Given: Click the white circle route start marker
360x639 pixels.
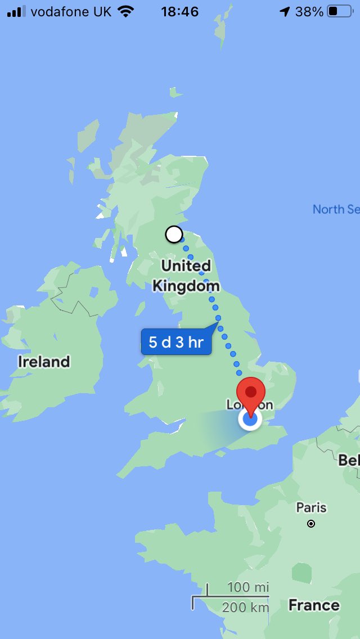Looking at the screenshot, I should click(174, 234).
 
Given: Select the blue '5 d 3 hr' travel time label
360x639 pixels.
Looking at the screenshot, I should click(176, 341).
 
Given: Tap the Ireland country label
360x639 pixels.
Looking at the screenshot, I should click(44, 361).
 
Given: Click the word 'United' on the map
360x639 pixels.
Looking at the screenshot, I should click(186, 265).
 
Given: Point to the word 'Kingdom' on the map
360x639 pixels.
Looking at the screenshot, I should click(186, 286).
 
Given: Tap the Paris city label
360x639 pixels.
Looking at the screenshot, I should click(311, 507).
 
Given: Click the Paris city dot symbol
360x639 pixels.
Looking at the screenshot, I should click(311, 524).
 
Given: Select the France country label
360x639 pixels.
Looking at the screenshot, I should click(314, 605).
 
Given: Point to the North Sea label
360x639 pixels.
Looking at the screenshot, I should click(336, 209).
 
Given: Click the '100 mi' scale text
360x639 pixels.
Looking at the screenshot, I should click(248, 588).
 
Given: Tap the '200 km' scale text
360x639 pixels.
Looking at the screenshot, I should click(245, 607).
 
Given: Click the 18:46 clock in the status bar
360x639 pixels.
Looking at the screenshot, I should click(179, 12).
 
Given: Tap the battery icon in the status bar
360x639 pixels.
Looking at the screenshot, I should click(339, 12).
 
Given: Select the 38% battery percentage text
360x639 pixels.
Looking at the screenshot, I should click(309, 12).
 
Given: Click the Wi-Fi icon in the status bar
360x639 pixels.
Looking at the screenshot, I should click(126, 12).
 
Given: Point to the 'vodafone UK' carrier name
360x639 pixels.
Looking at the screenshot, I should click(71, 12).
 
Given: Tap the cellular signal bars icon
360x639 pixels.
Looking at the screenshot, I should click(16, 12).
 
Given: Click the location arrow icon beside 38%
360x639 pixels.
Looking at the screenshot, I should click(285, 12).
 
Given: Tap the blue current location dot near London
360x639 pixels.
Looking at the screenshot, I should click(250, 419).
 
